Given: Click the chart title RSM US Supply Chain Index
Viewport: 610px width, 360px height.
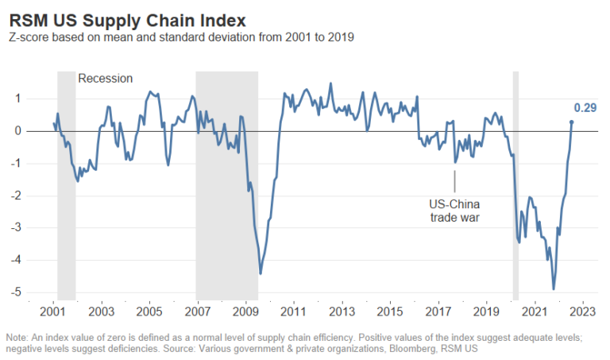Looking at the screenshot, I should [x=127, y=18].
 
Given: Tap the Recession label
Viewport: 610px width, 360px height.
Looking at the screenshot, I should [x=105, y=79].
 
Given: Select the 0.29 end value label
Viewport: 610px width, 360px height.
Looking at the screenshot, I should [x=585, y=106].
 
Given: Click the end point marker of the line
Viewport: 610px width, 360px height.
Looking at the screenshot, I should [x=572, y=122].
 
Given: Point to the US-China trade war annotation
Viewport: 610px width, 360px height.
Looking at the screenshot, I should [x=454, y=210].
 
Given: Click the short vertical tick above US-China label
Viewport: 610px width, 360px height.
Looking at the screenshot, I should [x=454, y=181].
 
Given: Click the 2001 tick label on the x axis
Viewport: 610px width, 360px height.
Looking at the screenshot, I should [x=53, y=312].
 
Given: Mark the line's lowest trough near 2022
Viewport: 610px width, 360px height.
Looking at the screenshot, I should [x=554, y=288].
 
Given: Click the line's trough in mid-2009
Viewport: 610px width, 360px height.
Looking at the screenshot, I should [x=261, y=273].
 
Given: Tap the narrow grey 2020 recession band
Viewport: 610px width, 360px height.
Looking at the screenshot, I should [x=515, y=183].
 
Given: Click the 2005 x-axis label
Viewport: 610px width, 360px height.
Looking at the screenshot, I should [x=149, y=312].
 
